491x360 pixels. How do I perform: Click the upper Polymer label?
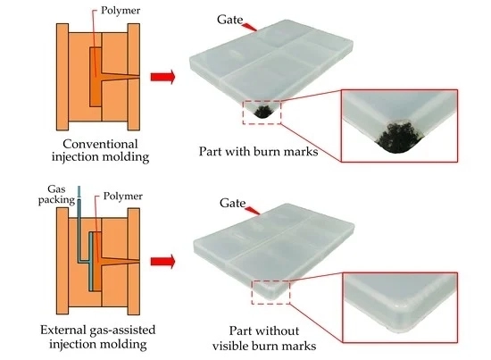pyautogui.click(x=121, y=11)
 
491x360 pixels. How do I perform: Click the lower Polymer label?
pyautogui.click(x=123, y=197)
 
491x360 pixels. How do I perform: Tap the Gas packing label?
pyautogui.click(x=56, y=195)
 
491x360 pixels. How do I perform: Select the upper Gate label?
pyautogui.click(x=229, y=20)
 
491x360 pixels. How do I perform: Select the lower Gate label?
pyautogui.click(x=232, y=203)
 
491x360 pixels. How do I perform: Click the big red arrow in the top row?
pyautogui.click(x=162, y=77)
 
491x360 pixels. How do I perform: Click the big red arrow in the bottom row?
pyautogui.click(x=162, y=262)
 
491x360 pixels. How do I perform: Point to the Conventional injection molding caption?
pyautogui.click(x=100, y=151)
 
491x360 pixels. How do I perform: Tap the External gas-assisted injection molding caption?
pyautogui.click(x=98, y=337)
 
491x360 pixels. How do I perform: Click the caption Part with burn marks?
pyautogui.click(x=258, y=152)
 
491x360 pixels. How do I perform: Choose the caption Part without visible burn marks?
pyautogui.click(x=264, y=339)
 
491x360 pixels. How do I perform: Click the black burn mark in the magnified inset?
pyautogui.click(x=400, y=138)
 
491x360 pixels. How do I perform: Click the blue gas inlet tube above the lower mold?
pyautogui.click(x=79, y=193)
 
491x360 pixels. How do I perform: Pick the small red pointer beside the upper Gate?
pyautogui.click(x=250, y=27)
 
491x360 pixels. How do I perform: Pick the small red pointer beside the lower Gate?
pyautogui.click(x=253, y=211)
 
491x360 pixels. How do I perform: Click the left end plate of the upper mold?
pyautogui.click(x=62, y=77)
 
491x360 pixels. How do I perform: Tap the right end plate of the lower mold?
pyautogui.click(x=134, y=262)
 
